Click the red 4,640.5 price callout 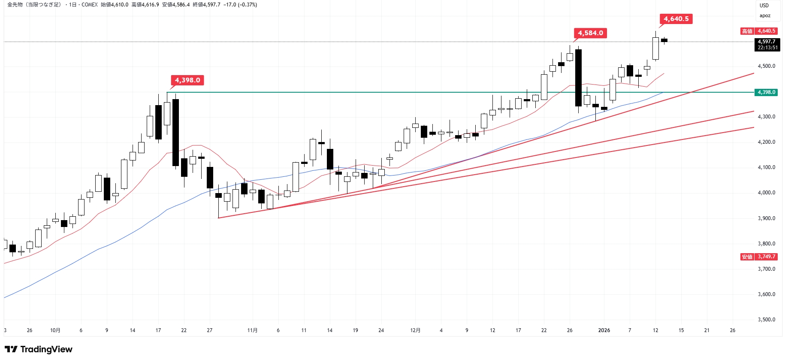coord(676,19)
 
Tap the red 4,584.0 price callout coord(590,33)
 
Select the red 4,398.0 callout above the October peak coord(187,80)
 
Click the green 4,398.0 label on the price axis coord(766,92)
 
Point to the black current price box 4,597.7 coord(767,45)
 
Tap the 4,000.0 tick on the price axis coord(766,193)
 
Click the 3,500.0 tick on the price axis coord(766,320)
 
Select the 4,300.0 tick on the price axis coord(766,117)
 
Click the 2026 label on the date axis coord(604,330)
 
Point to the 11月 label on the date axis coord(252,330)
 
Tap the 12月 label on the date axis coord(415,330)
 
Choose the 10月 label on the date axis coord(55,330)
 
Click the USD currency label coord(764,6)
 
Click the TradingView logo coord(39,349)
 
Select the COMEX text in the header coord(90,5)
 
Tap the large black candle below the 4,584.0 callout coord(578,78)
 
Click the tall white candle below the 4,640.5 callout coord(655,48)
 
